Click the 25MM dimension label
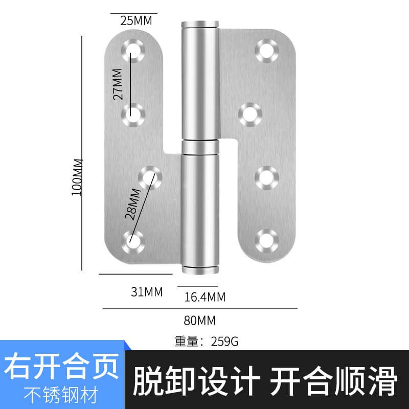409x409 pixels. (x=136, y=20)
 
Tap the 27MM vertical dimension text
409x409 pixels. (x=118, y=84)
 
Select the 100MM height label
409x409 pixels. (x=77, y=177)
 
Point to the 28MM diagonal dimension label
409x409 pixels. (x=133, y=204)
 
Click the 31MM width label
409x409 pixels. (x=147, y=291)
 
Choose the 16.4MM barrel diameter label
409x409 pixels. (x=205, y=297)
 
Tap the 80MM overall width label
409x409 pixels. (x=200, y=321)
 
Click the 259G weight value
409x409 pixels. (x=224, y=342)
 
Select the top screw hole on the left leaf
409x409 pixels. (x=133, y=51)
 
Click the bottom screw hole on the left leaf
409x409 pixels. (x=133, y=242)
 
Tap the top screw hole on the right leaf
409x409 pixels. (x=267, y=51)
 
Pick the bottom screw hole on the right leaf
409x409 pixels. (x=267, y=241)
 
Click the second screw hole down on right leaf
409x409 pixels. (x=251, y=115)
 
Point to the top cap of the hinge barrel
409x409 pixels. (x=200, y=24)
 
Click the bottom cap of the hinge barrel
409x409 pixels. (x=200, y=270)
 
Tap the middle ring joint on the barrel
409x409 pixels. (x=200, y=147)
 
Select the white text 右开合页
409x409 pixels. (x=61, y=366)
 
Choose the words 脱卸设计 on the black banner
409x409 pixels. (x=196, y=381)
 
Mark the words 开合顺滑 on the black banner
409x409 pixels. (x=334, y=381)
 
